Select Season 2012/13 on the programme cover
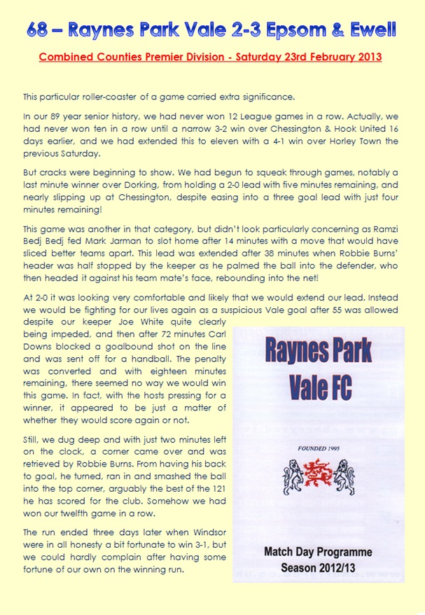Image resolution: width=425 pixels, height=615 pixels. click(318, 568)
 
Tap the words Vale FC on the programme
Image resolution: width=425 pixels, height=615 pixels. click(318, 385)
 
